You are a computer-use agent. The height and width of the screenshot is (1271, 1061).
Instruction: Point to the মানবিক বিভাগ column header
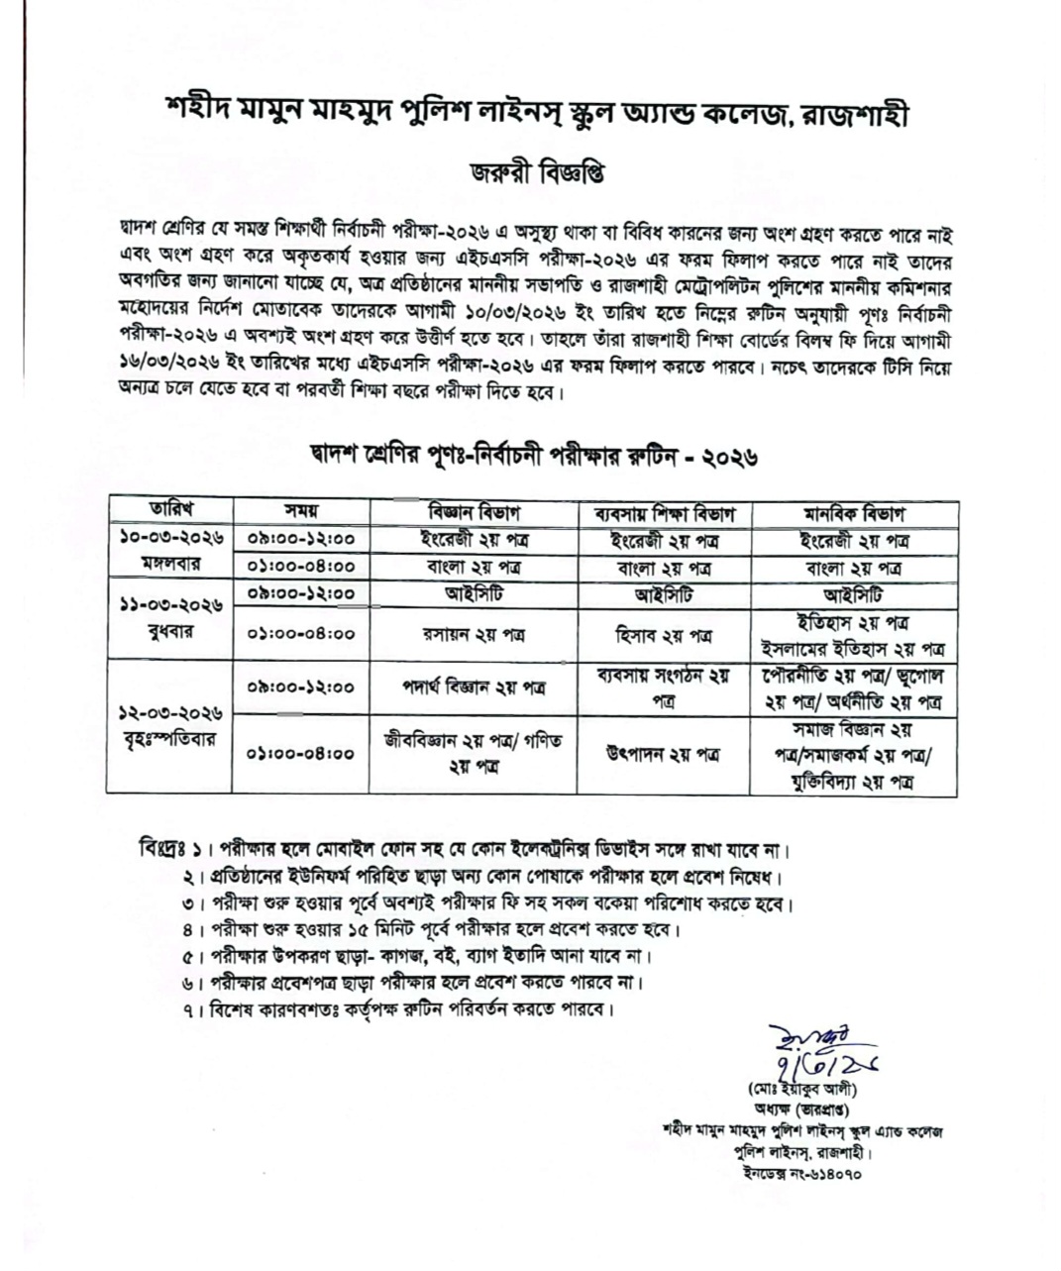[853, 514]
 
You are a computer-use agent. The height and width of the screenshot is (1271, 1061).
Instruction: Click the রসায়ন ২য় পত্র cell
[474, 635]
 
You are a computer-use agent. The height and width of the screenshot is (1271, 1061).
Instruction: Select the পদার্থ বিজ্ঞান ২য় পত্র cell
[474, 687]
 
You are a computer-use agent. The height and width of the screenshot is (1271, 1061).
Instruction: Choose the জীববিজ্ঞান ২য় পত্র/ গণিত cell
[474, 753]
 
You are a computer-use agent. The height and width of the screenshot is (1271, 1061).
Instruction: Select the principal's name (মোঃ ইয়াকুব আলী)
[802, 1090]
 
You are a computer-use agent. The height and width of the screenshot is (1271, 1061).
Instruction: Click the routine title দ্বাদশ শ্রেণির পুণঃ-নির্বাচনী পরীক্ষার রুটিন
[533, 457]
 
